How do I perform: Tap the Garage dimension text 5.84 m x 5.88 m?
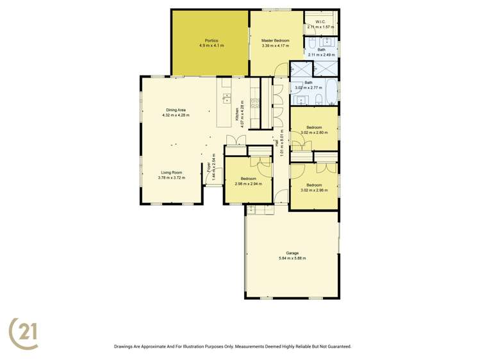(292, 258)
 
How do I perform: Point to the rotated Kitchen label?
(237, 114)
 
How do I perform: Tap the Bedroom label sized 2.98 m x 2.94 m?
(248, 178)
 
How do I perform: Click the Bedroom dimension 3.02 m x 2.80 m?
(314, 133)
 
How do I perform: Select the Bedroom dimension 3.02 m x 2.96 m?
(314, 190)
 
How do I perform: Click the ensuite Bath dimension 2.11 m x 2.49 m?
(320, 55)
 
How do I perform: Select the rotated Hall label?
(276, 145)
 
